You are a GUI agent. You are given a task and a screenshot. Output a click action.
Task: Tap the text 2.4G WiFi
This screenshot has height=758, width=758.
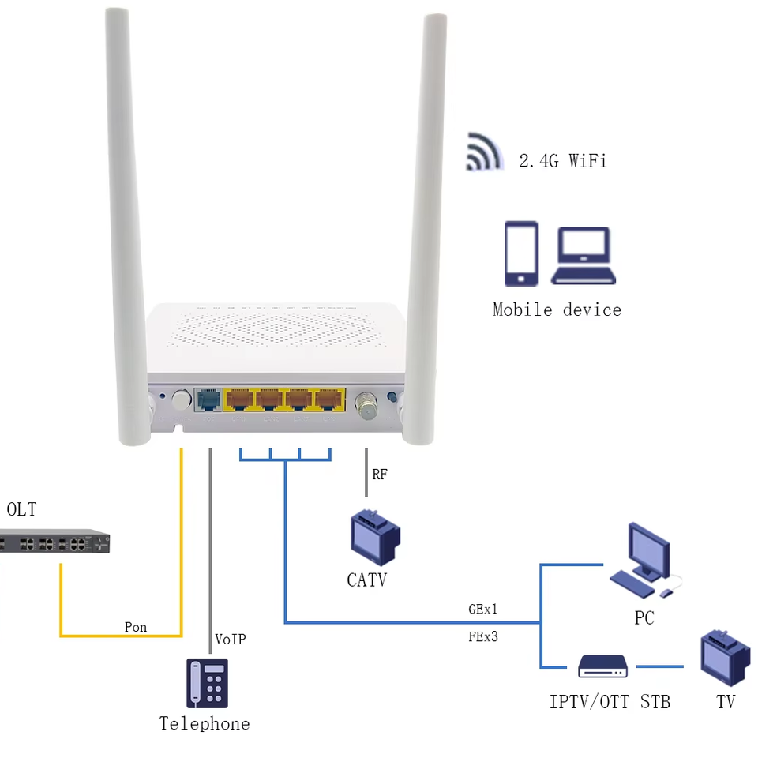pos(563,161)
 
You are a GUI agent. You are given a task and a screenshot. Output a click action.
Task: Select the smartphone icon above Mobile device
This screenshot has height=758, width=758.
pos(521,253)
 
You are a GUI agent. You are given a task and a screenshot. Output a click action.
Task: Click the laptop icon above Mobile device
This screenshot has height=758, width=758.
pos(584,255)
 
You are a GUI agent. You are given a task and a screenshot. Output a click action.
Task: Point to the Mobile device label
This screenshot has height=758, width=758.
pos(557,310)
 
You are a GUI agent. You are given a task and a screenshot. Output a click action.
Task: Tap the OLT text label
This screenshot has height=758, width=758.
pos(21,509)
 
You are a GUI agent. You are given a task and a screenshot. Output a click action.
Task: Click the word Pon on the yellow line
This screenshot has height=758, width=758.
pos(136,627)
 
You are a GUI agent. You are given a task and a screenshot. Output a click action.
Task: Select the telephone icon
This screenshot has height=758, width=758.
pos(208,683)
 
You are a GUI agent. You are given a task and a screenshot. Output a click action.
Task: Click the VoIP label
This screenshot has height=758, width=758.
pos(231,639)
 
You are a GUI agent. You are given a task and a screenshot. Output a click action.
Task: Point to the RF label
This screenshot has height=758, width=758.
pos(380,475)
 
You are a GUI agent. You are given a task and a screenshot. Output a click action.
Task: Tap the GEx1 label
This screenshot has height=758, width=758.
pos(483,610)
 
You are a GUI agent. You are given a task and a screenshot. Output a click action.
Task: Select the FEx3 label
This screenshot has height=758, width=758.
pos(483,636)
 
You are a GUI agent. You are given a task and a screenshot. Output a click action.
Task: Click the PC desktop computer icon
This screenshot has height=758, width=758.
pos(644,561)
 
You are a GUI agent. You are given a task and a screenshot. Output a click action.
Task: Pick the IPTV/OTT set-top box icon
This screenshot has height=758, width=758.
pos(602,666)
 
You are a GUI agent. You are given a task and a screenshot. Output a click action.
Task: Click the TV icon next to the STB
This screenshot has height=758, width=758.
pos(725,658)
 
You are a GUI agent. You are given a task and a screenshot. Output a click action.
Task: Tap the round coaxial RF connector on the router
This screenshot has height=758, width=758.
pos(366,405)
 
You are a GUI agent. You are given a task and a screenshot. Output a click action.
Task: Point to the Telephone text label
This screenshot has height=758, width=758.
pos(205,723)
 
